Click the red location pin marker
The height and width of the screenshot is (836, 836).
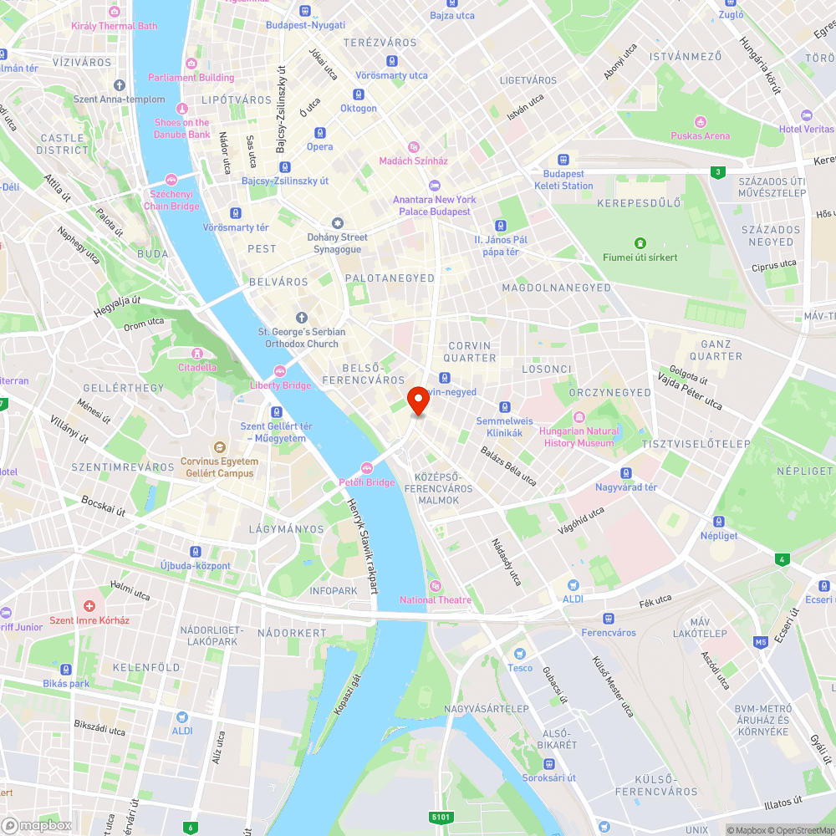418,400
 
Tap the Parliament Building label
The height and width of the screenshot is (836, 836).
191,78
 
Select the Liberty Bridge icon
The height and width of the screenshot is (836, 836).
280,371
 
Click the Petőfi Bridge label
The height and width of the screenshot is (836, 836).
366,482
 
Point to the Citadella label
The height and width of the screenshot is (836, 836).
197,367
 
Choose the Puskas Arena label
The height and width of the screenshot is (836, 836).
700,135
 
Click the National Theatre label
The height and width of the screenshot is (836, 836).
435,599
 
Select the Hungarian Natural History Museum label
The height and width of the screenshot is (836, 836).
579,437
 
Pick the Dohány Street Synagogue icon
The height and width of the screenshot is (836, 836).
338,223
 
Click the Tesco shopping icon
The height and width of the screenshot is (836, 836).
519,654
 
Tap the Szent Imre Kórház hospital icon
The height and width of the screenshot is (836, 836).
89,605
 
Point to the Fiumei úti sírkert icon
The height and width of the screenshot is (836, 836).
640,243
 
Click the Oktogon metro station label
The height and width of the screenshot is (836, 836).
359,108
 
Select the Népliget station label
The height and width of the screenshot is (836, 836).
719,535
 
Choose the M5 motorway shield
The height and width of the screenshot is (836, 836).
760,642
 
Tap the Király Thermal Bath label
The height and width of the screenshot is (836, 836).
115,26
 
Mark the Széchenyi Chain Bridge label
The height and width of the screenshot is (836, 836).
171,201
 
